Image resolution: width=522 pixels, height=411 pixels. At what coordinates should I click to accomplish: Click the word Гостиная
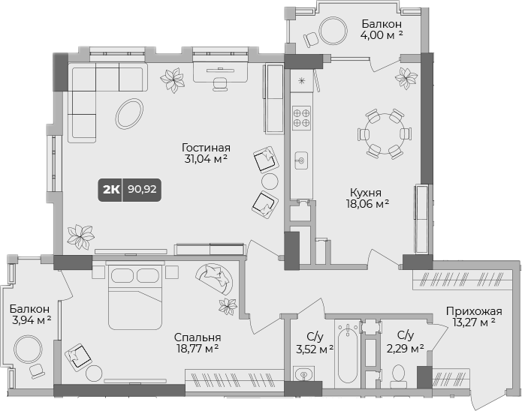206,148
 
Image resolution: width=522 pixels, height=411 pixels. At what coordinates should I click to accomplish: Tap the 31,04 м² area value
205,160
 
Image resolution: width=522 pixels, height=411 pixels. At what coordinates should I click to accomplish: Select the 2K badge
110,190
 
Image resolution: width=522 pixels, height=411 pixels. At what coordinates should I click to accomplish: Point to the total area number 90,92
142,190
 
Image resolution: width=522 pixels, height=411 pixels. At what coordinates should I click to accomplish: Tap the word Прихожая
473,311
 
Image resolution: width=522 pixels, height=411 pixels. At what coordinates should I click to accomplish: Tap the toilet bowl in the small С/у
400,374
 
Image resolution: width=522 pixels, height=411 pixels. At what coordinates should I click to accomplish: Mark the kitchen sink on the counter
302,160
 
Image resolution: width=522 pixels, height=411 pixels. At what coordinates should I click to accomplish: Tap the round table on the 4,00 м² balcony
331,31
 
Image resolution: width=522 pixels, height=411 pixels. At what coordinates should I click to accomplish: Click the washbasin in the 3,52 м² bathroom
303,373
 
